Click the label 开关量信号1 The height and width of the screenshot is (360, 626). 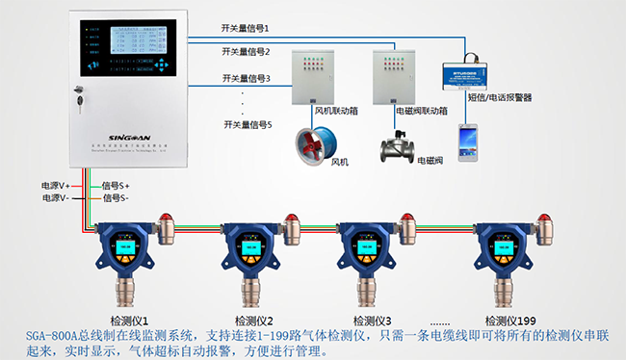point(246,29)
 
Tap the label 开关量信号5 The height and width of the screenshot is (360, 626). point(246,124)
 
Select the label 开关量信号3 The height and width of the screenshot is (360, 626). point(246,78)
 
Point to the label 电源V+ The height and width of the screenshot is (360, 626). point(56,184)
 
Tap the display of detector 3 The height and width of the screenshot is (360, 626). point(358,247)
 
